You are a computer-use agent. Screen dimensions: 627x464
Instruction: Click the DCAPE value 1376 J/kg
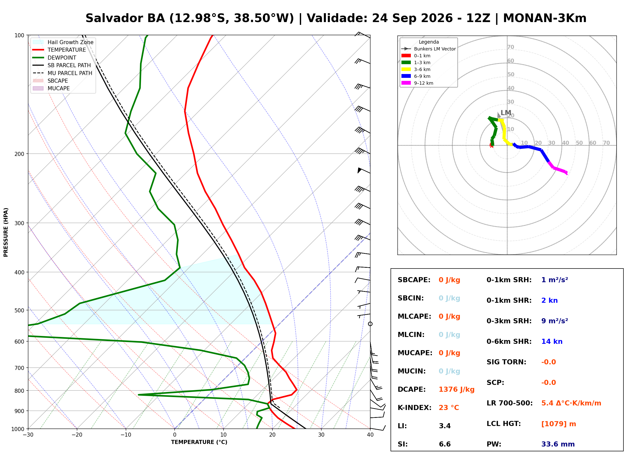pos(456,389)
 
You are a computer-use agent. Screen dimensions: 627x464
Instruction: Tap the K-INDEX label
pos(414,408)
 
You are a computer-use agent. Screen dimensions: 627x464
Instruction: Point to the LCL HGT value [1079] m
pos(559,424)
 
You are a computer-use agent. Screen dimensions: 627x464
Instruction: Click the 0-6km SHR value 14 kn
pos(552,342)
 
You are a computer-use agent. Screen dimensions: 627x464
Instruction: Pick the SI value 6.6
pos(445,444)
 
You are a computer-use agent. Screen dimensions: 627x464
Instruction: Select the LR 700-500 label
pos(509,403)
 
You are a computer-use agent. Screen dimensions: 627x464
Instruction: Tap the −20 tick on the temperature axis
pos(77,435)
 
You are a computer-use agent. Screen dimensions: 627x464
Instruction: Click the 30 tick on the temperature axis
pos(321,435)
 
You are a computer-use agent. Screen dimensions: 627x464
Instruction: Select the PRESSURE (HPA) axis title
pos(6,232)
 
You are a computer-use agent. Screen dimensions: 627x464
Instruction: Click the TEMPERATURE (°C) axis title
pos(199,442)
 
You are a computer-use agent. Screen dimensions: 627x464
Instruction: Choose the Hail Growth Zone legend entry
pos(63,42)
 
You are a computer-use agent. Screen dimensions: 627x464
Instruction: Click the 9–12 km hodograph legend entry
pos(417,83)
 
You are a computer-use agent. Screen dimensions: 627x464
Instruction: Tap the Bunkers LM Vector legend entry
pos(429,49)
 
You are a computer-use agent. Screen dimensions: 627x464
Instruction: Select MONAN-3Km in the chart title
pos(544,18)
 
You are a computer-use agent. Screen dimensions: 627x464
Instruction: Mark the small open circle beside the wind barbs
pos(370,324)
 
